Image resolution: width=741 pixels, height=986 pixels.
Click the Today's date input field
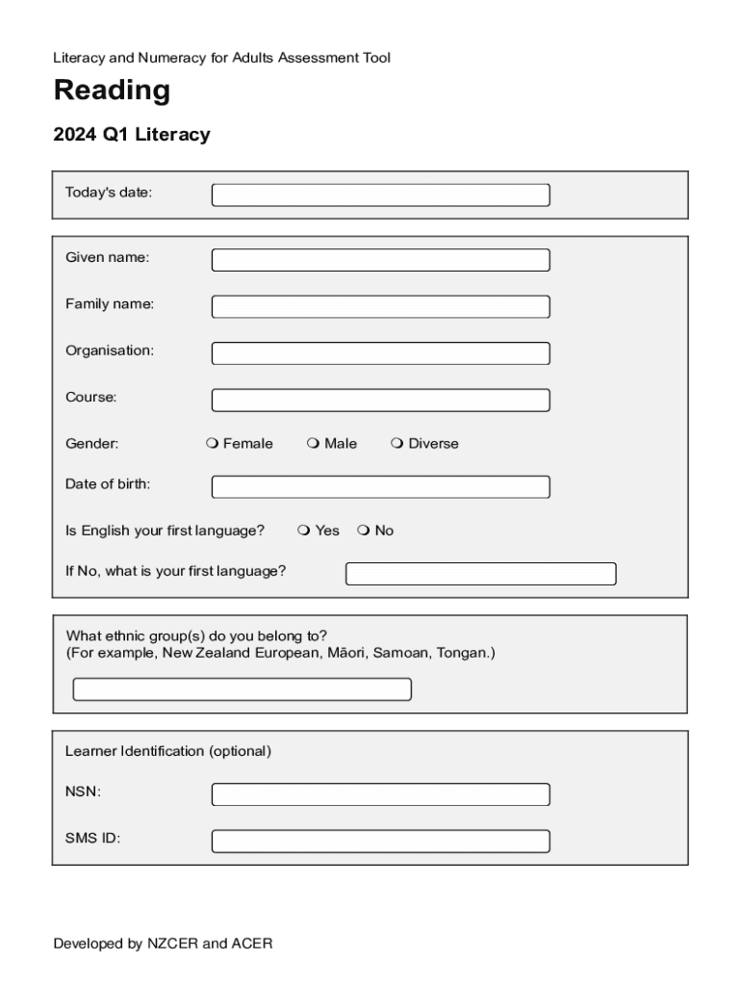click(x=380, y=195)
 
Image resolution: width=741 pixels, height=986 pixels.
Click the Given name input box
click(x=380, y=260)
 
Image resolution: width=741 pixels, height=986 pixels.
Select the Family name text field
click(x=380, y=306)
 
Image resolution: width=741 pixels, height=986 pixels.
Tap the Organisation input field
click(x=380, y=353)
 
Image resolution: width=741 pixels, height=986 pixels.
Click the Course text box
click(x=380, y=400)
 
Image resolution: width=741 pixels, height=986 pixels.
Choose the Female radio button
click(x=212, y=444)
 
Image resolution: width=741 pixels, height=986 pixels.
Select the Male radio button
click(x=313, y=444)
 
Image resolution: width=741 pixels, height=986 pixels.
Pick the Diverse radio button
click(x=396, y=444)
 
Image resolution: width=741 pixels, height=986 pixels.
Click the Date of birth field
click(x=380, y=486)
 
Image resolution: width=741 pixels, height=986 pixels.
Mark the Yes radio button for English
click(x=303, y=531)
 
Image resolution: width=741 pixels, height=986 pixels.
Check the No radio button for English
click(x=363, y=531)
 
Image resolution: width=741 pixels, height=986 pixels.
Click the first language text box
click(x=480, y=574)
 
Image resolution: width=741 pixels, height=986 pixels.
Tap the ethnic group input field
click(x=242, y=689)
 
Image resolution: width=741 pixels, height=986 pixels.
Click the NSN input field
click(x=380, y=794)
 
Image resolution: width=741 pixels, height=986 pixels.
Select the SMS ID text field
click(x=380, y=841)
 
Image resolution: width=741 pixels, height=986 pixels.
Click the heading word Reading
click(x=112, y=91)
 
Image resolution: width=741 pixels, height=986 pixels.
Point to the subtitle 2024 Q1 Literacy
click(x=131, y=135)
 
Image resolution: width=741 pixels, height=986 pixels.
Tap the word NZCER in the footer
click(x=172, y=944)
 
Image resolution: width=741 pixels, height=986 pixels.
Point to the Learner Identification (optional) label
click(x=168, y=750)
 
